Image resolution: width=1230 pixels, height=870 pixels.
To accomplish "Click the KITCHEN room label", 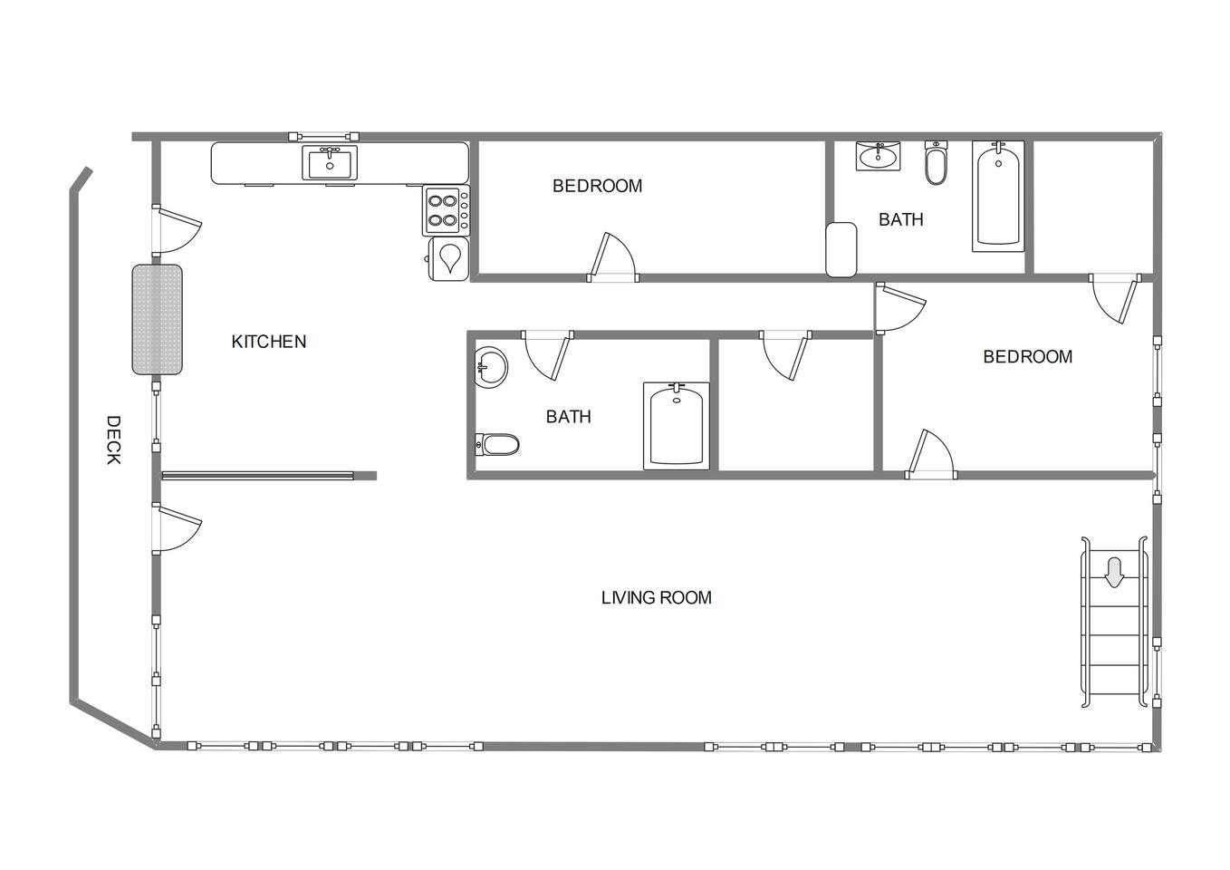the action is pyautogui.click(x=268, y=342).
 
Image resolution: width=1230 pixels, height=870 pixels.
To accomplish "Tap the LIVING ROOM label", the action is pyautogui.click(x=656, y=597).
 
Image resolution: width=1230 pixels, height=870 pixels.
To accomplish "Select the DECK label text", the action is pyautogui.click(x=113, y=440).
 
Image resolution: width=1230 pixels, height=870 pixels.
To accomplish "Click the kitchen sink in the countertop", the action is pyautogui.click(x=330, y=162).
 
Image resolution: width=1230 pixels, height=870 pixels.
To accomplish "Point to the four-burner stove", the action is pyautogui.click(x=446, y=211).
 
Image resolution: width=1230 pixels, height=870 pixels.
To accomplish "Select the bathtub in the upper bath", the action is pyautogui.click(x=998, y=196).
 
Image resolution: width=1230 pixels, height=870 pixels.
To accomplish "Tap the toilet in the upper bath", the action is pyautogui.click(x=936, y=162).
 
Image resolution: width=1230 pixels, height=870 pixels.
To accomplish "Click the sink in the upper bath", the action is pyautogui.click(x=878, y=156).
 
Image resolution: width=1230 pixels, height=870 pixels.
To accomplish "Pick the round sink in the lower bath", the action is pyautogui.click(x=491, y=367).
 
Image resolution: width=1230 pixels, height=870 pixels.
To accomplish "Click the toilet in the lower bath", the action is pyautogui.click(x=496, y=444).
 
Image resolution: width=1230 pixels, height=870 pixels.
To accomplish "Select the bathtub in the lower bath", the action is pyautogui.click(x=676, y=426).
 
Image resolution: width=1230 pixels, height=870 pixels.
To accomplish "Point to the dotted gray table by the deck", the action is pyautogui.click(x=157, y=320).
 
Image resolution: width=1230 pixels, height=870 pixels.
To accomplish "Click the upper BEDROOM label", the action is pyautogui.click(x=597, y=186).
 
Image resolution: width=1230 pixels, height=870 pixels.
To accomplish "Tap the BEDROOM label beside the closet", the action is pyautogui.click(x=1027, y=357).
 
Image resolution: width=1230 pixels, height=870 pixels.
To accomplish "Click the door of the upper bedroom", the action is pyautogui.click(x=612, y=257).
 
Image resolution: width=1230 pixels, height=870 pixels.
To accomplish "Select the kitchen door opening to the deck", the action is pyautogui.click(x=177, y=230).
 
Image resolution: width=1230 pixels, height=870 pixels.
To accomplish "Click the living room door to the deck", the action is pyautogui.click(x=177, y=527).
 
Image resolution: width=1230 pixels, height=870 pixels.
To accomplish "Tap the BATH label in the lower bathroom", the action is pyautogui.click(x=568, y=417).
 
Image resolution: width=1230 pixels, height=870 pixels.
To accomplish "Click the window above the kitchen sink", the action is pyautogui.click(x=324, y=136).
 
